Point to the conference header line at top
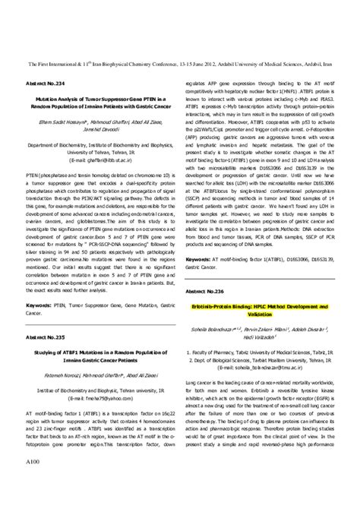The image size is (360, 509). coord(180,65)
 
